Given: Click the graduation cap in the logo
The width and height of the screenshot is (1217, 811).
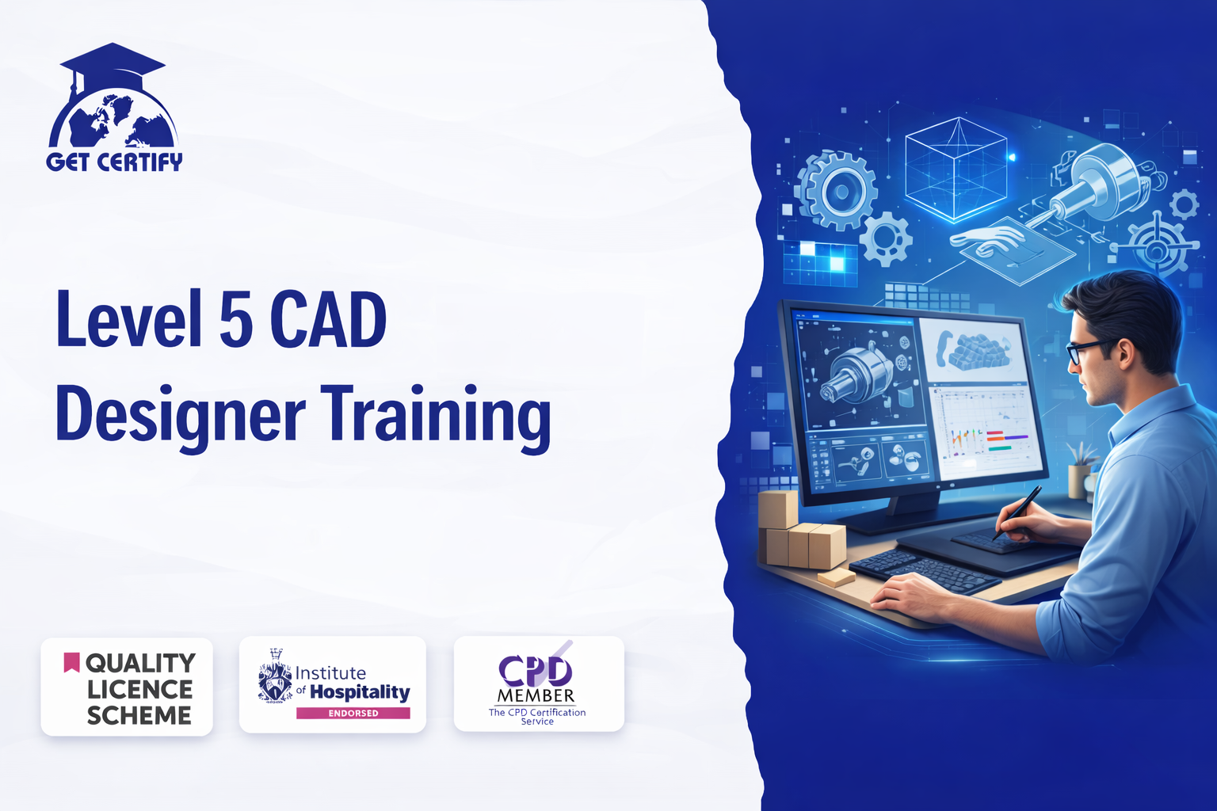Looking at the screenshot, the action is click(x=112, y=67).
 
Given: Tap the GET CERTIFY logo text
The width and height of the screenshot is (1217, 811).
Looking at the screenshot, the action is click(x=114, y=162).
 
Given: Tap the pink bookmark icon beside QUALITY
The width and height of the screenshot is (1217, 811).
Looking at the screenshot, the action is click(x=72, y=662).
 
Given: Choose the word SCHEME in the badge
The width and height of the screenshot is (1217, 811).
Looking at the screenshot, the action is click(x=139, y=715).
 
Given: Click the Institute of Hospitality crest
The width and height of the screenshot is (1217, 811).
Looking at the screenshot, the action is click(x=275, y=676).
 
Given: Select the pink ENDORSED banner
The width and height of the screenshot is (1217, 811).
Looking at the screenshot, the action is click(x=353, y=713).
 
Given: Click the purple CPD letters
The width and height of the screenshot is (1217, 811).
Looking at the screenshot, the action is click(x=536, y=672).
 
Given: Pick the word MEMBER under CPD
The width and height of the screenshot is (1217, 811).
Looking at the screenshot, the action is click(x=536, y=696).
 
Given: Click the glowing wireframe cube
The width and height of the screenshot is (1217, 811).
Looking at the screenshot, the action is click(x=956, y=169).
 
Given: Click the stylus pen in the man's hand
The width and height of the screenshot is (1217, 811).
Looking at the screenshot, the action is click(x=1017, y=512).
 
